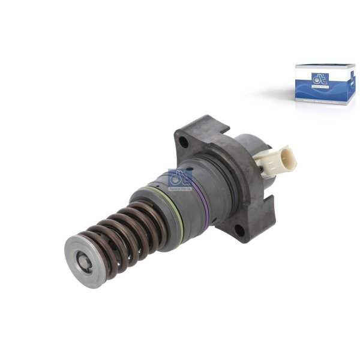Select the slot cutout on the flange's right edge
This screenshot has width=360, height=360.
click(x=272, y=198)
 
